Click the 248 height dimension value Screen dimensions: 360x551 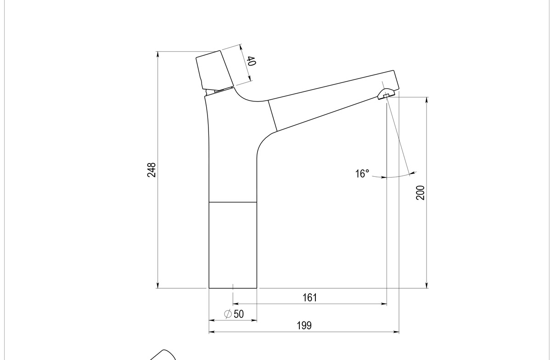152,170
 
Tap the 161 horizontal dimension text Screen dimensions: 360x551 309,298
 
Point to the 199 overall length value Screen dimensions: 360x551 304,326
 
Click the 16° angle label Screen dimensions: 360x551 362,174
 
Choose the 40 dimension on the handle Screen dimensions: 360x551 251,61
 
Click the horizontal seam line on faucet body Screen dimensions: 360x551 232,202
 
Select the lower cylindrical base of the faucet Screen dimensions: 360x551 232,245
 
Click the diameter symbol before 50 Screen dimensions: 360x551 227,314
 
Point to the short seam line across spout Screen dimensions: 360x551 273,115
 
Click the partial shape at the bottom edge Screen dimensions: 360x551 163,355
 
